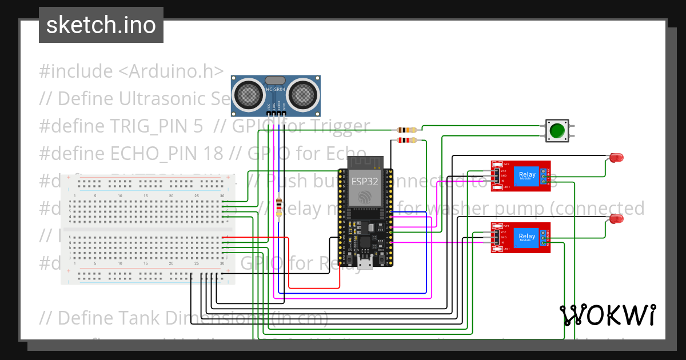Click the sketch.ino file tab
101,25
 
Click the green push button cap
556,131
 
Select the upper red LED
616,157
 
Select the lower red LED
616,219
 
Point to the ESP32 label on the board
365,182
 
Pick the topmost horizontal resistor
406,130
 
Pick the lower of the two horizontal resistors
406,140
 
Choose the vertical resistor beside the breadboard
279,207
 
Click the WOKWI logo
607,315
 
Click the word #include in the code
76,71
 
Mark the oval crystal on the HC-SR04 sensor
275,81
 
